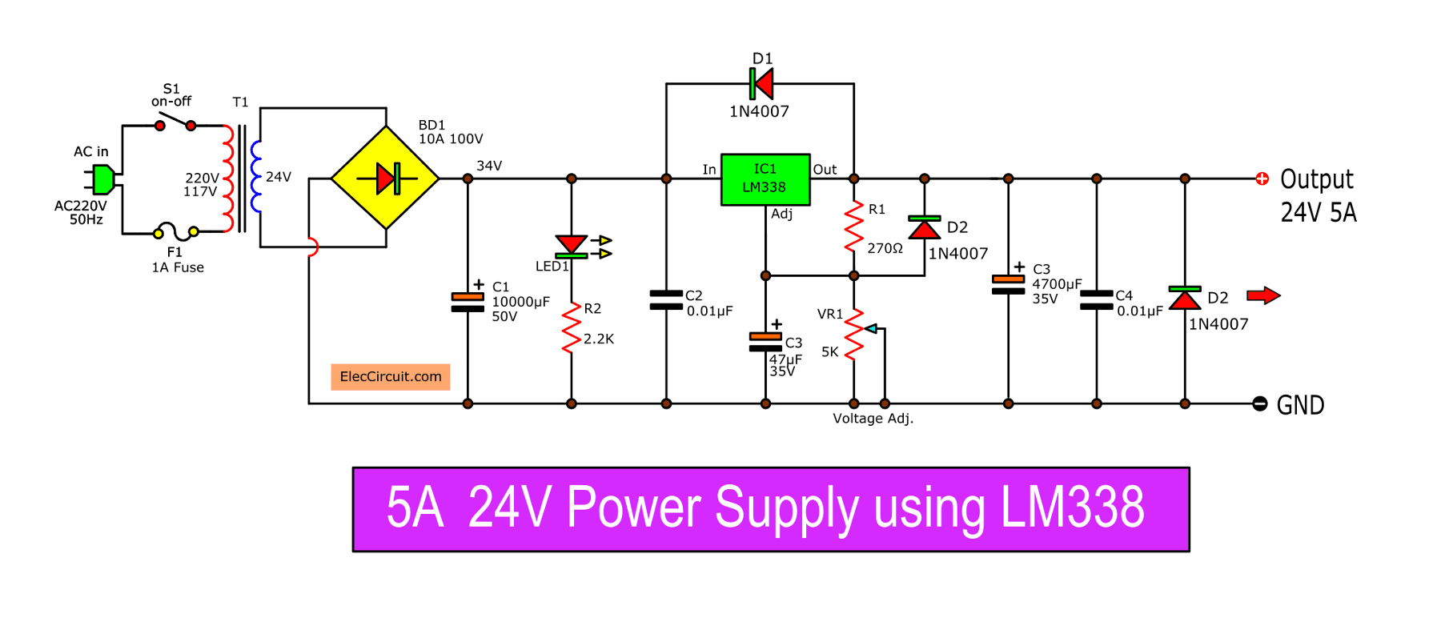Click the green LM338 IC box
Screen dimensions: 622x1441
point(765,179)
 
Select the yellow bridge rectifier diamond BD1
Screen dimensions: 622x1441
point(386,178)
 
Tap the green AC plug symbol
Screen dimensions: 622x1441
point(102,179)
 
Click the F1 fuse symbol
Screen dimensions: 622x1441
point(176,231)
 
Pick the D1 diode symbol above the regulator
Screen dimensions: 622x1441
point(761,83)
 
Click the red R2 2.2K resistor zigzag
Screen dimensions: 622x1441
point(572,327)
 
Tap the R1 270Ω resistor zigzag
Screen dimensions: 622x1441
point(854,227)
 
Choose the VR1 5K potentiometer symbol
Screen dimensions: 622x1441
point(855,334)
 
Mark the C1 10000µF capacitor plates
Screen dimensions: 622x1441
point(468,302)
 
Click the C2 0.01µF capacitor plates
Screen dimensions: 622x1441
point(666,299)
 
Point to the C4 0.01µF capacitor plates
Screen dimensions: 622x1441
point(1097,299)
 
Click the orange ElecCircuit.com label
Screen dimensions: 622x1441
point(391,376)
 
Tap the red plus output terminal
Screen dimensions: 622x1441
point(1262,179)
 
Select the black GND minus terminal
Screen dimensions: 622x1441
point(1260,404)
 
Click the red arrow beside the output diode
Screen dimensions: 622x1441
point(1263,296)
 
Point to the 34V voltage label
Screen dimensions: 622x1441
point(489,166)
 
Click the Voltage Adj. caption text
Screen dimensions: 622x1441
point(873,419)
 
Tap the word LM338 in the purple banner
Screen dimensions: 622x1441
point(1073,508)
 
